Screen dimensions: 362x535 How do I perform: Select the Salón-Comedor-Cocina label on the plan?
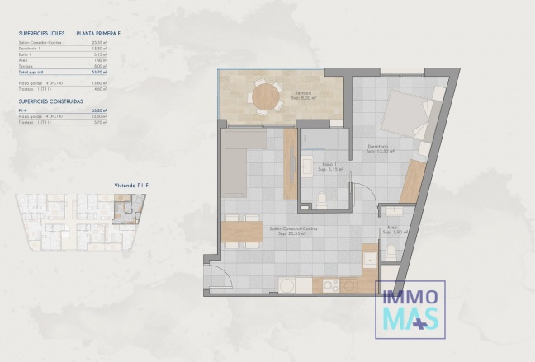pos(287,230)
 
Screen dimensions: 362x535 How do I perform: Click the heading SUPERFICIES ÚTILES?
pos(41,34)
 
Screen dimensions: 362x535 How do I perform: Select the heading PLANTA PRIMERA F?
pos(97,34)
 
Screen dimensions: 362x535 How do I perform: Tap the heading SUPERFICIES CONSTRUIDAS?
pos(50,101)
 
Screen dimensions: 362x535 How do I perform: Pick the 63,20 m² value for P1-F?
pos(102,110)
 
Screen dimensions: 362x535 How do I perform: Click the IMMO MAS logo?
pos(410,309)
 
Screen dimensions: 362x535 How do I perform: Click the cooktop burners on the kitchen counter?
pos(330,285)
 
